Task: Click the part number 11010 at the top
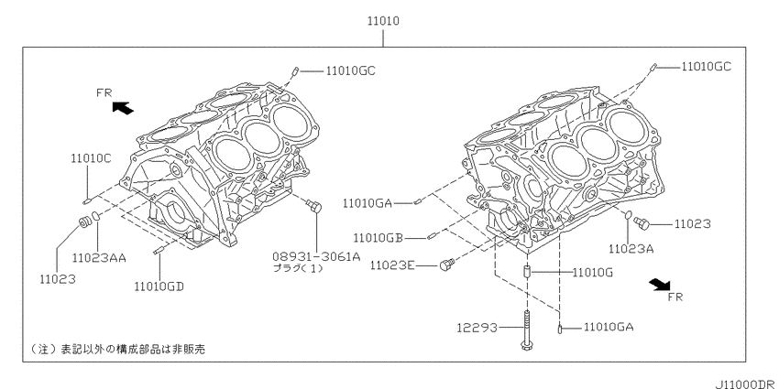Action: pyautogui.click(x=383, y=21)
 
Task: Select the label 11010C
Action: pyautogui.click(x=91, y=158)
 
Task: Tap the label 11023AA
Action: pyautogui.click(x=99, y=258)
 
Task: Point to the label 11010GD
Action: pyautogui.click(x=159, y=286)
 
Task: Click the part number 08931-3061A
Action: pyautogui.click(x=316, y=256)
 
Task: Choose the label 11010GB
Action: pyautogui.click(x=378, y=238)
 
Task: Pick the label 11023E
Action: pyautogui.click(x=392, y=266)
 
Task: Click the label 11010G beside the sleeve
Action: pyautogui.click(x=592, y=273)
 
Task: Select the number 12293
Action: pyautogui.click(x=477, y=328)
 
